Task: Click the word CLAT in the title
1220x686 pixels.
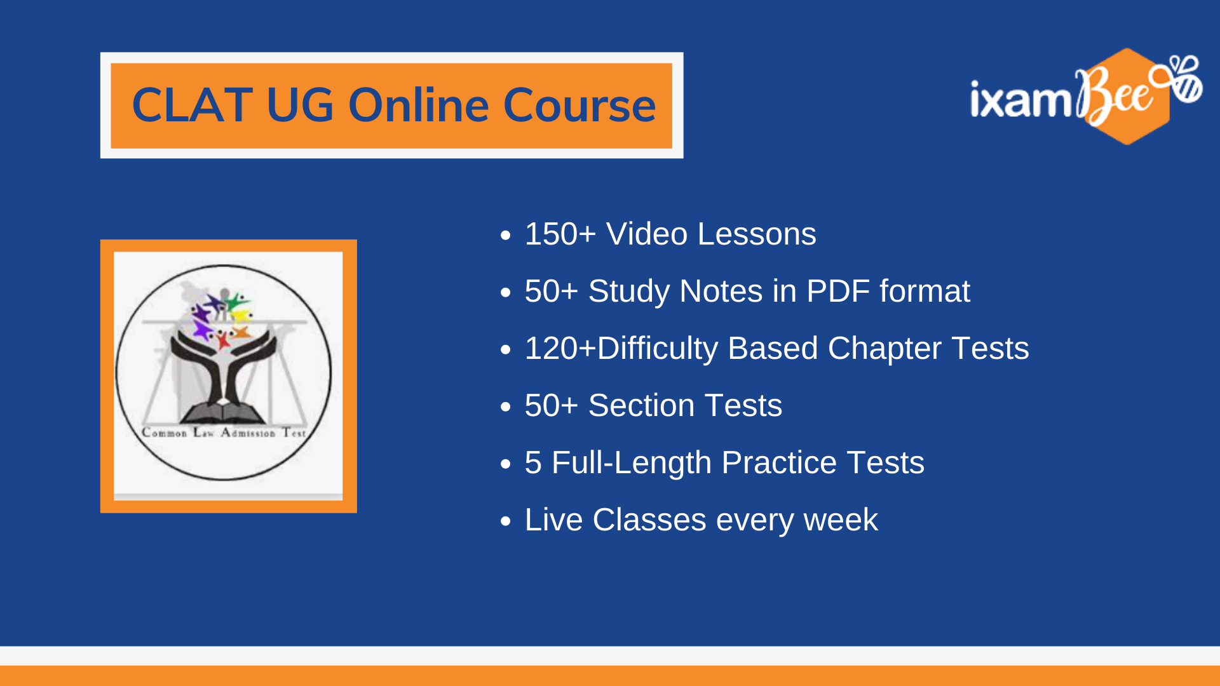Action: (193, 105)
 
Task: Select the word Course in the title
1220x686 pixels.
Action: (579, 105)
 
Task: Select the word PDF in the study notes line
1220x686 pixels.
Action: (838, 292)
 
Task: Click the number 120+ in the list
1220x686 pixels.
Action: (560, 349)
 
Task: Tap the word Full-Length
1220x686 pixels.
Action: (631, 463)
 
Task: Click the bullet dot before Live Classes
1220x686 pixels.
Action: (506, 521)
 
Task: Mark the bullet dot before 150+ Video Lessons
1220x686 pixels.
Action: (506, 236)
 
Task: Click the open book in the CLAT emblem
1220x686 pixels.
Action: (222, 414)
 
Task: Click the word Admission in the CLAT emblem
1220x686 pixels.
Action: (248, 433)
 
